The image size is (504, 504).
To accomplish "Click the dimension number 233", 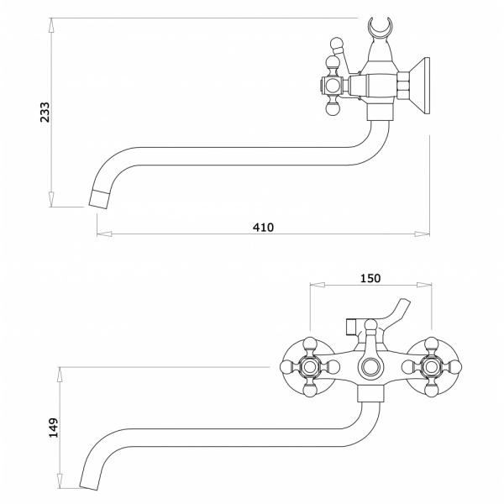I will coord(46,113).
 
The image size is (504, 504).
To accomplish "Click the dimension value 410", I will coord(263,227).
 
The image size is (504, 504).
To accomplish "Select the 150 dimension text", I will coord(370,278).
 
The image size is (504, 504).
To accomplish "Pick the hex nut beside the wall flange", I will coord(404,87).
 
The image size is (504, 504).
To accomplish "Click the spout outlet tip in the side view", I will coord(99,198).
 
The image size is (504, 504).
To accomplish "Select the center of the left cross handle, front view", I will coord(309,366).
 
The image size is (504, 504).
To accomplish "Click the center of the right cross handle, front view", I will coord(432,366).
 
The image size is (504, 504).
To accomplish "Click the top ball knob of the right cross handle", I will coord(432,342).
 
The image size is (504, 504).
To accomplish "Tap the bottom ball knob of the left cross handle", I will coord(309,391).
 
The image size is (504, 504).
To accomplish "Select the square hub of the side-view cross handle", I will coord(331,85).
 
